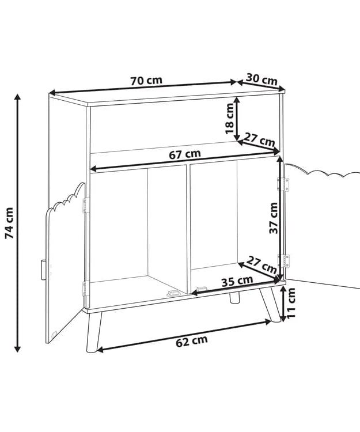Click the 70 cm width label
146,81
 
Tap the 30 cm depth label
262,79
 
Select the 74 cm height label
9,223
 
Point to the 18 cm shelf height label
229,119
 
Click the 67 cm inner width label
185,154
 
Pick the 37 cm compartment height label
273,218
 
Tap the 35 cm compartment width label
237,281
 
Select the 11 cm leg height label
291,303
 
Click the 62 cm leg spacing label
192,342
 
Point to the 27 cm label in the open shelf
259,140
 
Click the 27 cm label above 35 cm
262,264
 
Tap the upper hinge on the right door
283,184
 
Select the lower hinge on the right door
283,261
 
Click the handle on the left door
44,270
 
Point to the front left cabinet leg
94,332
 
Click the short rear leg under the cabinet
234,298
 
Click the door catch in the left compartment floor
174,293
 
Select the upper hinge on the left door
86,205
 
